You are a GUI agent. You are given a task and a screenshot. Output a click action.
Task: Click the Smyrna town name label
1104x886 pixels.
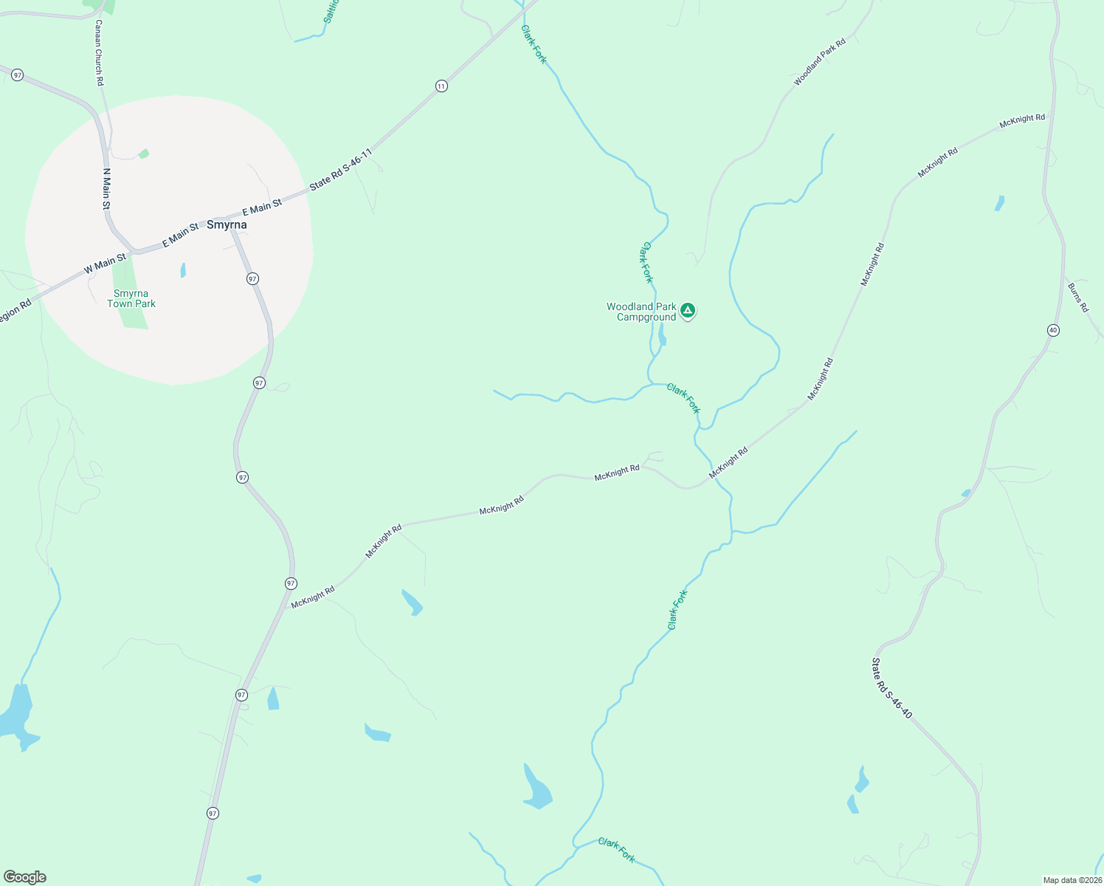tap(227, 224)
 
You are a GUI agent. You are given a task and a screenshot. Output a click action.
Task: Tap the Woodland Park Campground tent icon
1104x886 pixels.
tap(688, 310)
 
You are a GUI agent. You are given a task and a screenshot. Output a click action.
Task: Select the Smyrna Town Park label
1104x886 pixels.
tap(131, 298)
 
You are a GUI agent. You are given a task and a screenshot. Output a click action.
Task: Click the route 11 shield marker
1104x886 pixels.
tap(441, 86)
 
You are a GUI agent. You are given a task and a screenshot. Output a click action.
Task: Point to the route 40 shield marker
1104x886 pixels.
tap(1053, 330)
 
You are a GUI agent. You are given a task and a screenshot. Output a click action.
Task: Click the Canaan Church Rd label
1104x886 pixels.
tap(99, 52)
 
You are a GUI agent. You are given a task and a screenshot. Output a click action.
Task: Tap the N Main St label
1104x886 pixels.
tap(106, 189)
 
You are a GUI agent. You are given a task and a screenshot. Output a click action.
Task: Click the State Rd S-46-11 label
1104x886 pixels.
tap(340, 170)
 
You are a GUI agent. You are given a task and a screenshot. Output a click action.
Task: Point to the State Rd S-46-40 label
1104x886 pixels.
tap(892, 688)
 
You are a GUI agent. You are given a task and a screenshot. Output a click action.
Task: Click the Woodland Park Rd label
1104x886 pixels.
tap(819, 63)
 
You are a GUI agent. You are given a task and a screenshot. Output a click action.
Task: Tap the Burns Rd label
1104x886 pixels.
tap(1077, 297)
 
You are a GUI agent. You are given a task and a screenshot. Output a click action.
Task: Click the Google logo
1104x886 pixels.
tap(24, 877)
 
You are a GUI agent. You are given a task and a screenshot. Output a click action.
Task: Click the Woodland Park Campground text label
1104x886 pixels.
tap(641, 312)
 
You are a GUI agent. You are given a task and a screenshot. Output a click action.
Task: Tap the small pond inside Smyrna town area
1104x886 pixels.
tap(183, 270)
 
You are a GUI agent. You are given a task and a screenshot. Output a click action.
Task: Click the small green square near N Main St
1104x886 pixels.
tap(143, 154)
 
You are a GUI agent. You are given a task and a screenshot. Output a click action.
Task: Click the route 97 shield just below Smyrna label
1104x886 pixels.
tap(253, 278)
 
